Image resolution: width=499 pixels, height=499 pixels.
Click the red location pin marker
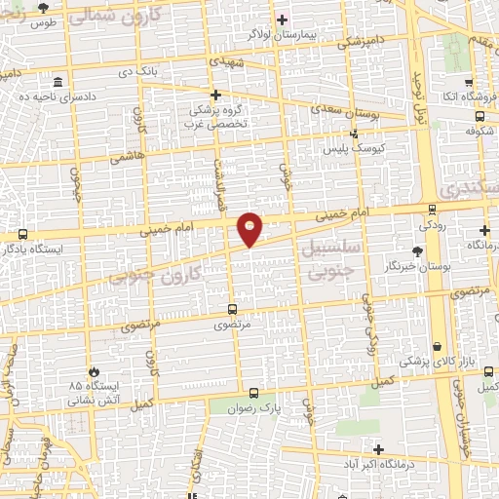[250, 229]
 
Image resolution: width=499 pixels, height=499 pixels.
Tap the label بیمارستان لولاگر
[282, 33]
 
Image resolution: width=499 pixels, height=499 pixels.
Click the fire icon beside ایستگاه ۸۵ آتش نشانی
[93, 371]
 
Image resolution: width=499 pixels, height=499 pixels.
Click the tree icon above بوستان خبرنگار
[417, 250]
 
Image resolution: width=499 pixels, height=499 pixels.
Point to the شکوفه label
[476, 129]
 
